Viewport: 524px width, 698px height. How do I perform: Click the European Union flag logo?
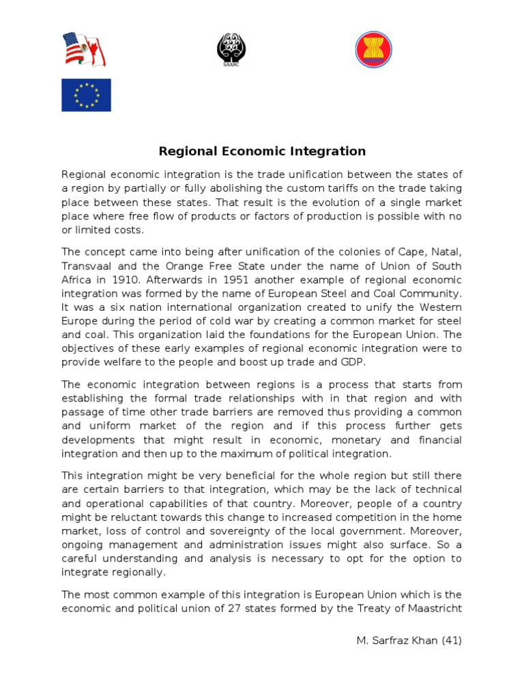pos(86,95)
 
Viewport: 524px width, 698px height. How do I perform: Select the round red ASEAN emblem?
pos(374,50)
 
